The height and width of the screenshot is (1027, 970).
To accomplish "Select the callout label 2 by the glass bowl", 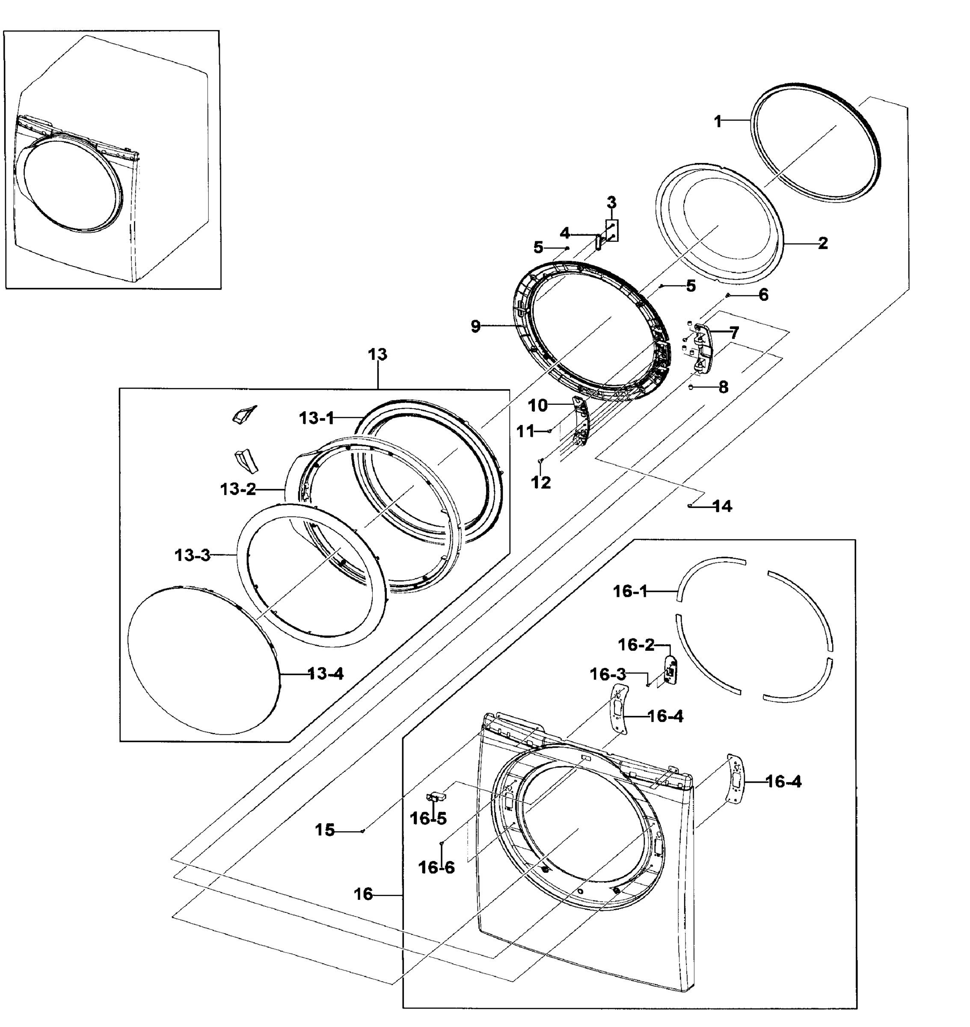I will (823, 243).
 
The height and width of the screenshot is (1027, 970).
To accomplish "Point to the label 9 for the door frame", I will (476, 327).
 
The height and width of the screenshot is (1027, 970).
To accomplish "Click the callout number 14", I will (722, 506).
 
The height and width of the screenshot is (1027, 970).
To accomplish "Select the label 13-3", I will (193, 555).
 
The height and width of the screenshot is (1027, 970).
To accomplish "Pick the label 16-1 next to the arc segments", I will (630, 591).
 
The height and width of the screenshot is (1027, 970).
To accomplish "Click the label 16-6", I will (436, 867).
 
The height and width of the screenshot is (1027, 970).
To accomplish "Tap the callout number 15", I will (325, 830).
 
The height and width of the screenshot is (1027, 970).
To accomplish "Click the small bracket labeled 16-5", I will (435, 797).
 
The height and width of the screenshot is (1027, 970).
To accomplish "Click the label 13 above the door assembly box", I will (377, 354).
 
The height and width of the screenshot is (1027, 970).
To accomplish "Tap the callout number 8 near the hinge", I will (723, 387).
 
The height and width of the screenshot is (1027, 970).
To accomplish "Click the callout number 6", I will (763, 295).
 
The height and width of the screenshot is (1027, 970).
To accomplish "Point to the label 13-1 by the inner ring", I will (317, 418).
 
